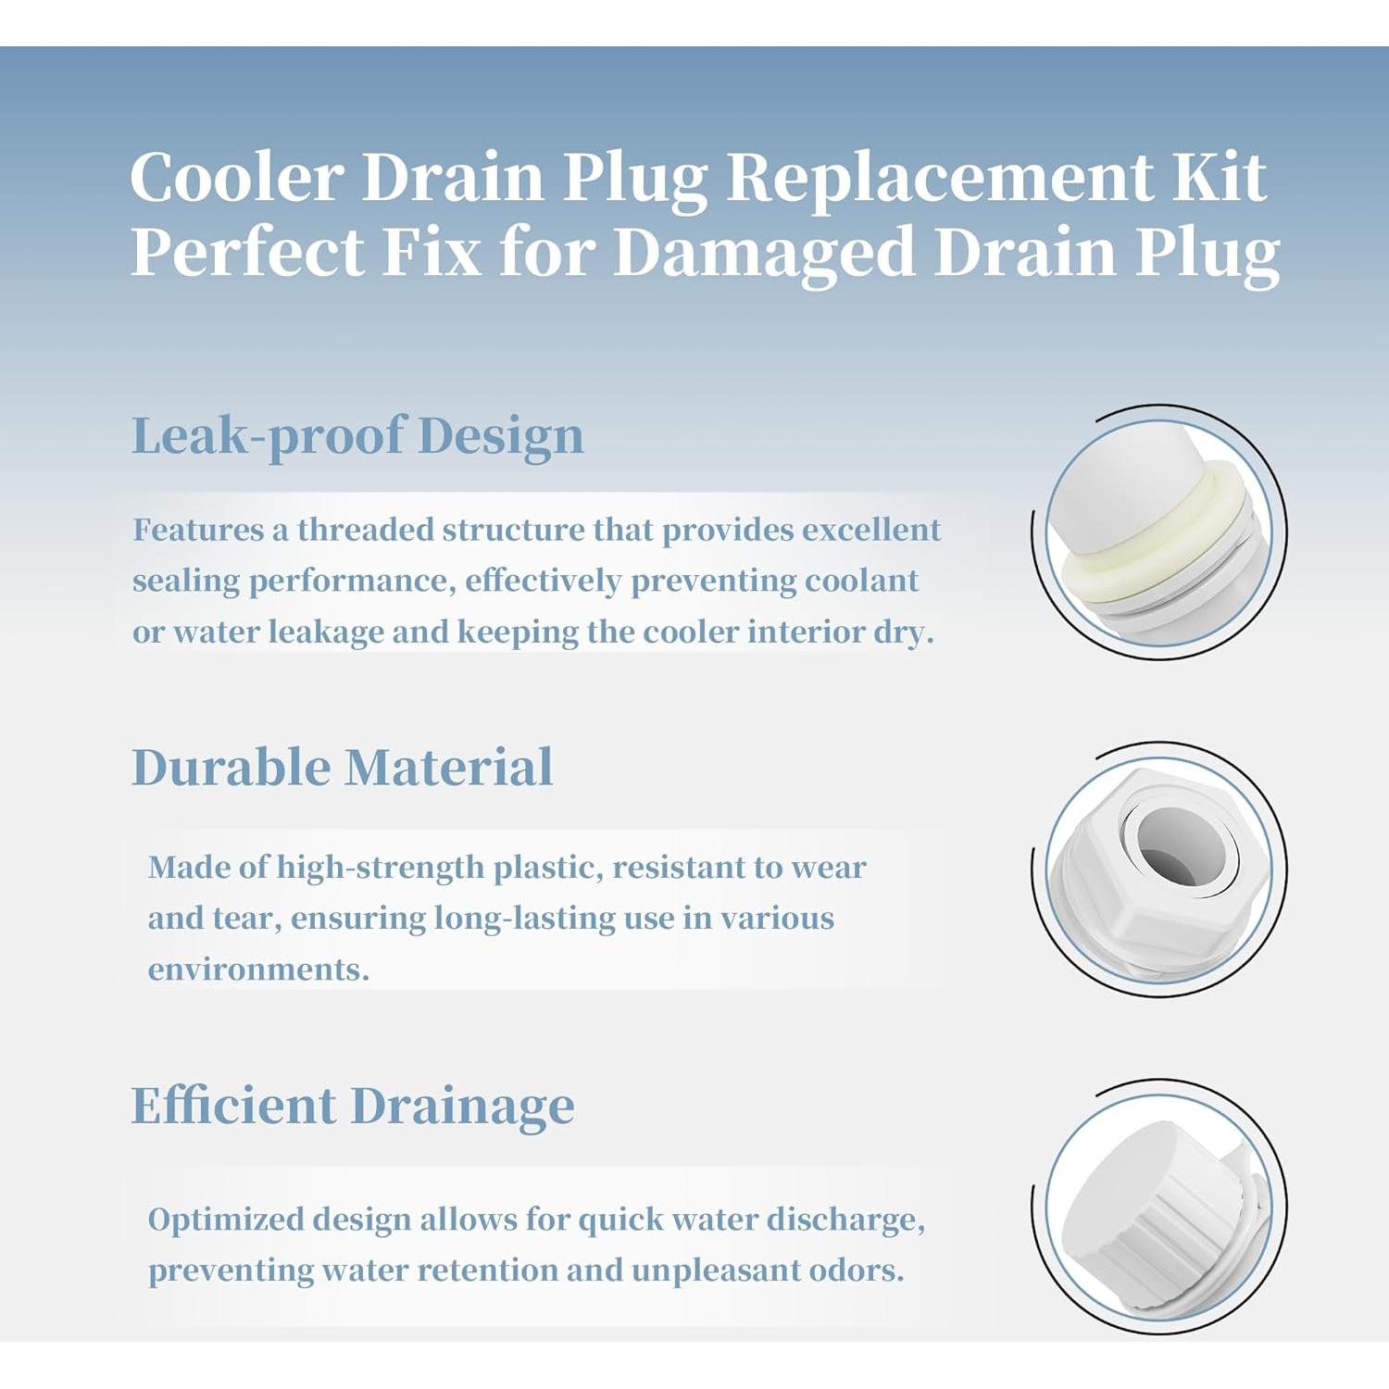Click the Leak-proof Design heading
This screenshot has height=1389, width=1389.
(357, 436)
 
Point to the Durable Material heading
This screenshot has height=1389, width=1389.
(343, 768)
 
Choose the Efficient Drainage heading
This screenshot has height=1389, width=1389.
(353, 1107)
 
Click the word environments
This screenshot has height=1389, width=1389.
(258, 970)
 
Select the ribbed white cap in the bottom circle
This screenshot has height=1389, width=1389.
(1157, 1204)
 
